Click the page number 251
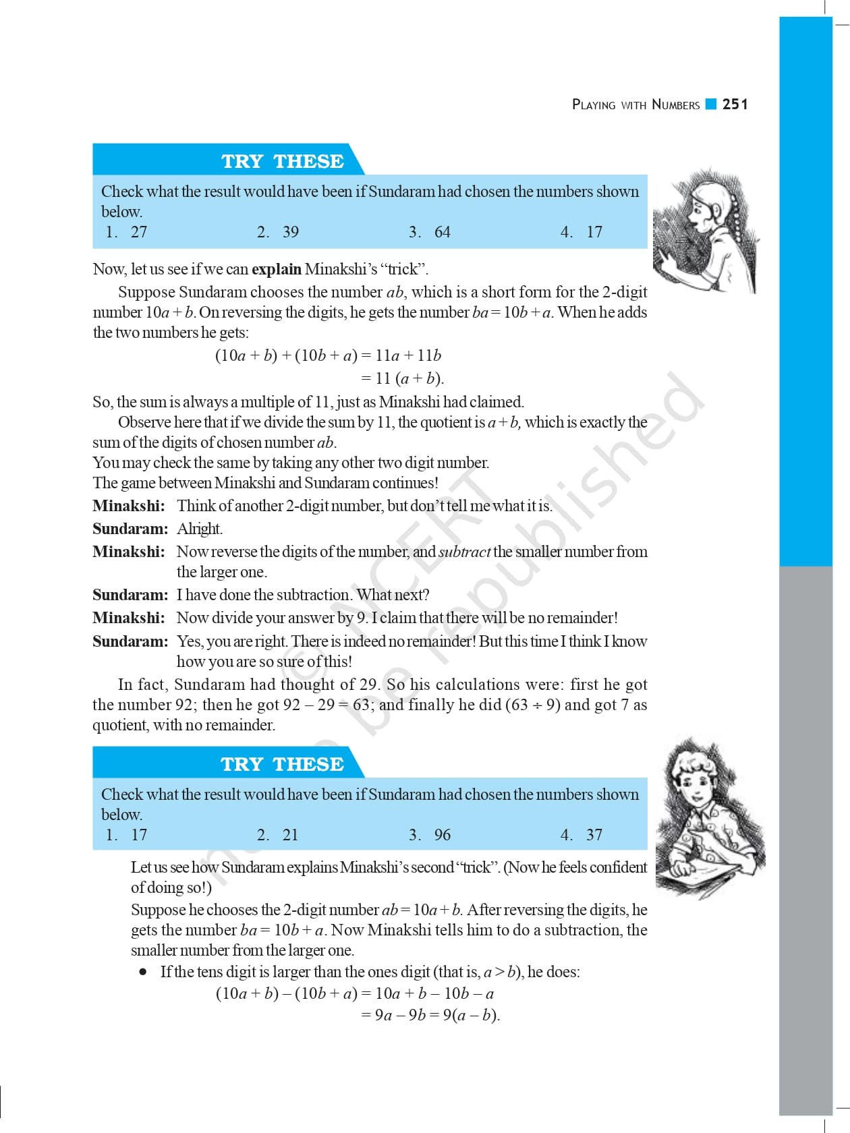click(735, 104)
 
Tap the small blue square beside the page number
click(710, 104)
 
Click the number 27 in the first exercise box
click(139, 232)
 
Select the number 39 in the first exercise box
click(290, 232)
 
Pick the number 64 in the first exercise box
click(442, 232)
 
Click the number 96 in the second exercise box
click(442, 835)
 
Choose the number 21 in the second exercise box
click(290, 835)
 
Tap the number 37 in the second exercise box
click(594, 835)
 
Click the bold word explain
click(276, 269)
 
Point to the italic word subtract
click(464, 552)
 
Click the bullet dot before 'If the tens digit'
click(143, 972)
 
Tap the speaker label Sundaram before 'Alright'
click(130, 529)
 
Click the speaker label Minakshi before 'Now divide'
click(128, 618)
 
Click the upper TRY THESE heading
click(283, 161)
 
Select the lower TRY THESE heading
click(283, 764)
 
